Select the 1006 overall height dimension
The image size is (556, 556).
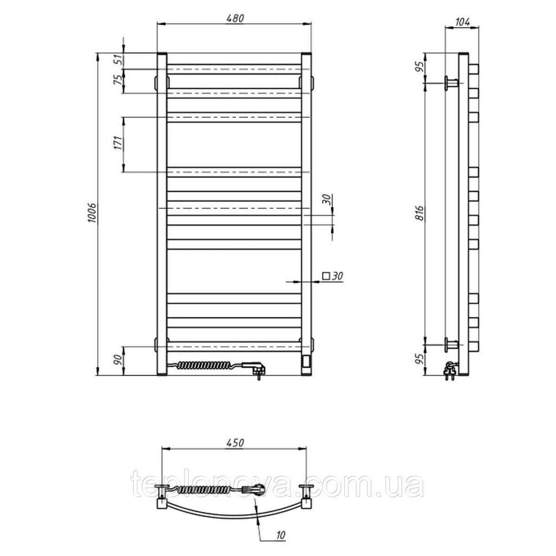coord(93,213)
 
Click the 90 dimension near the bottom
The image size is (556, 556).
coord(119,359)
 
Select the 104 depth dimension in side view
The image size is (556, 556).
coord(462,22)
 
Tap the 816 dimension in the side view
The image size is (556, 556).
coord(420,213)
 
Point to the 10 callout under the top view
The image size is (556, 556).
coord(280,535)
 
